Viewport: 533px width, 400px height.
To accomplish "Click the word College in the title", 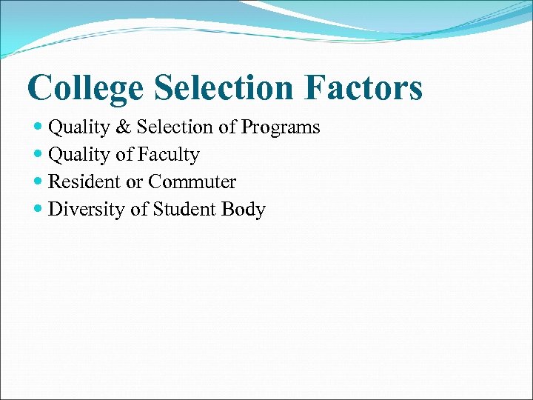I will click(85, 87).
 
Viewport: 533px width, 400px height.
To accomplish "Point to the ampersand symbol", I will click(122, 127).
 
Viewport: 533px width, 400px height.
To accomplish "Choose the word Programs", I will click(280, 127).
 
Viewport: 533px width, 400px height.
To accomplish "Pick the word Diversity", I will click(87, 210).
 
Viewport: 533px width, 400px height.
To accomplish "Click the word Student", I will click(184, 210).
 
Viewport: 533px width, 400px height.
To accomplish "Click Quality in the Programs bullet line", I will click(78, 127).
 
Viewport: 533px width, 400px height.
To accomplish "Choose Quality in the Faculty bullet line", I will click(78, 155).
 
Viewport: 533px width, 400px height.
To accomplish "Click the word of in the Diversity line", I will click(138, 210).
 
